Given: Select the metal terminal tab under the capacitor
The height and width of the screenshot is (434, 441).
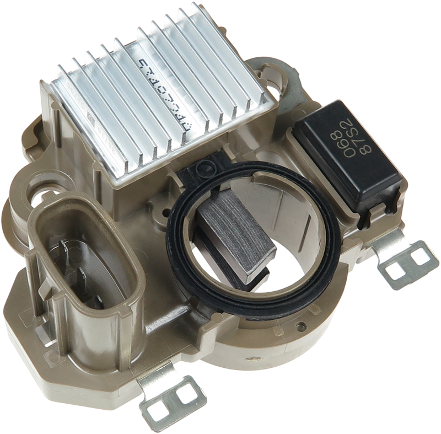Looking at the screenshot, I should coord(405,262).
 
